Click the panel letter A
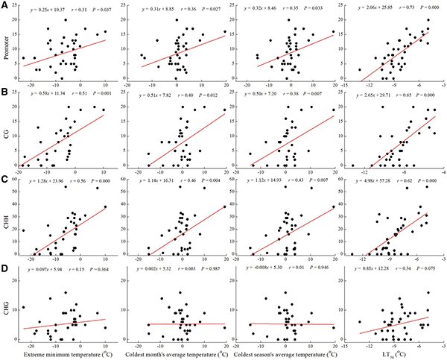(x=5, y=6)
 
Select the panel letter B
(x=5, y=92)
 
